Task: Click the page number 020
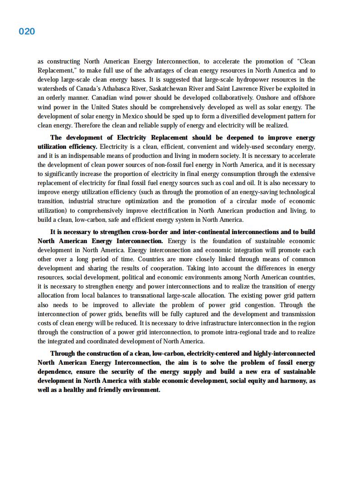point(27,31)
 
